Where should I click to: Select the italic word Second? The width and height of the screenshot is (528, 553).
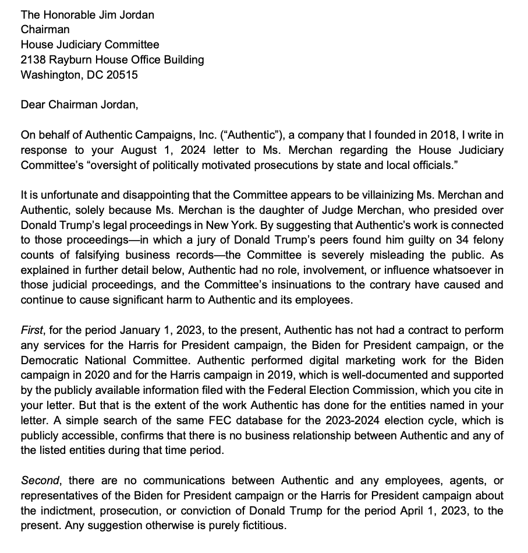(41, 481)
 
